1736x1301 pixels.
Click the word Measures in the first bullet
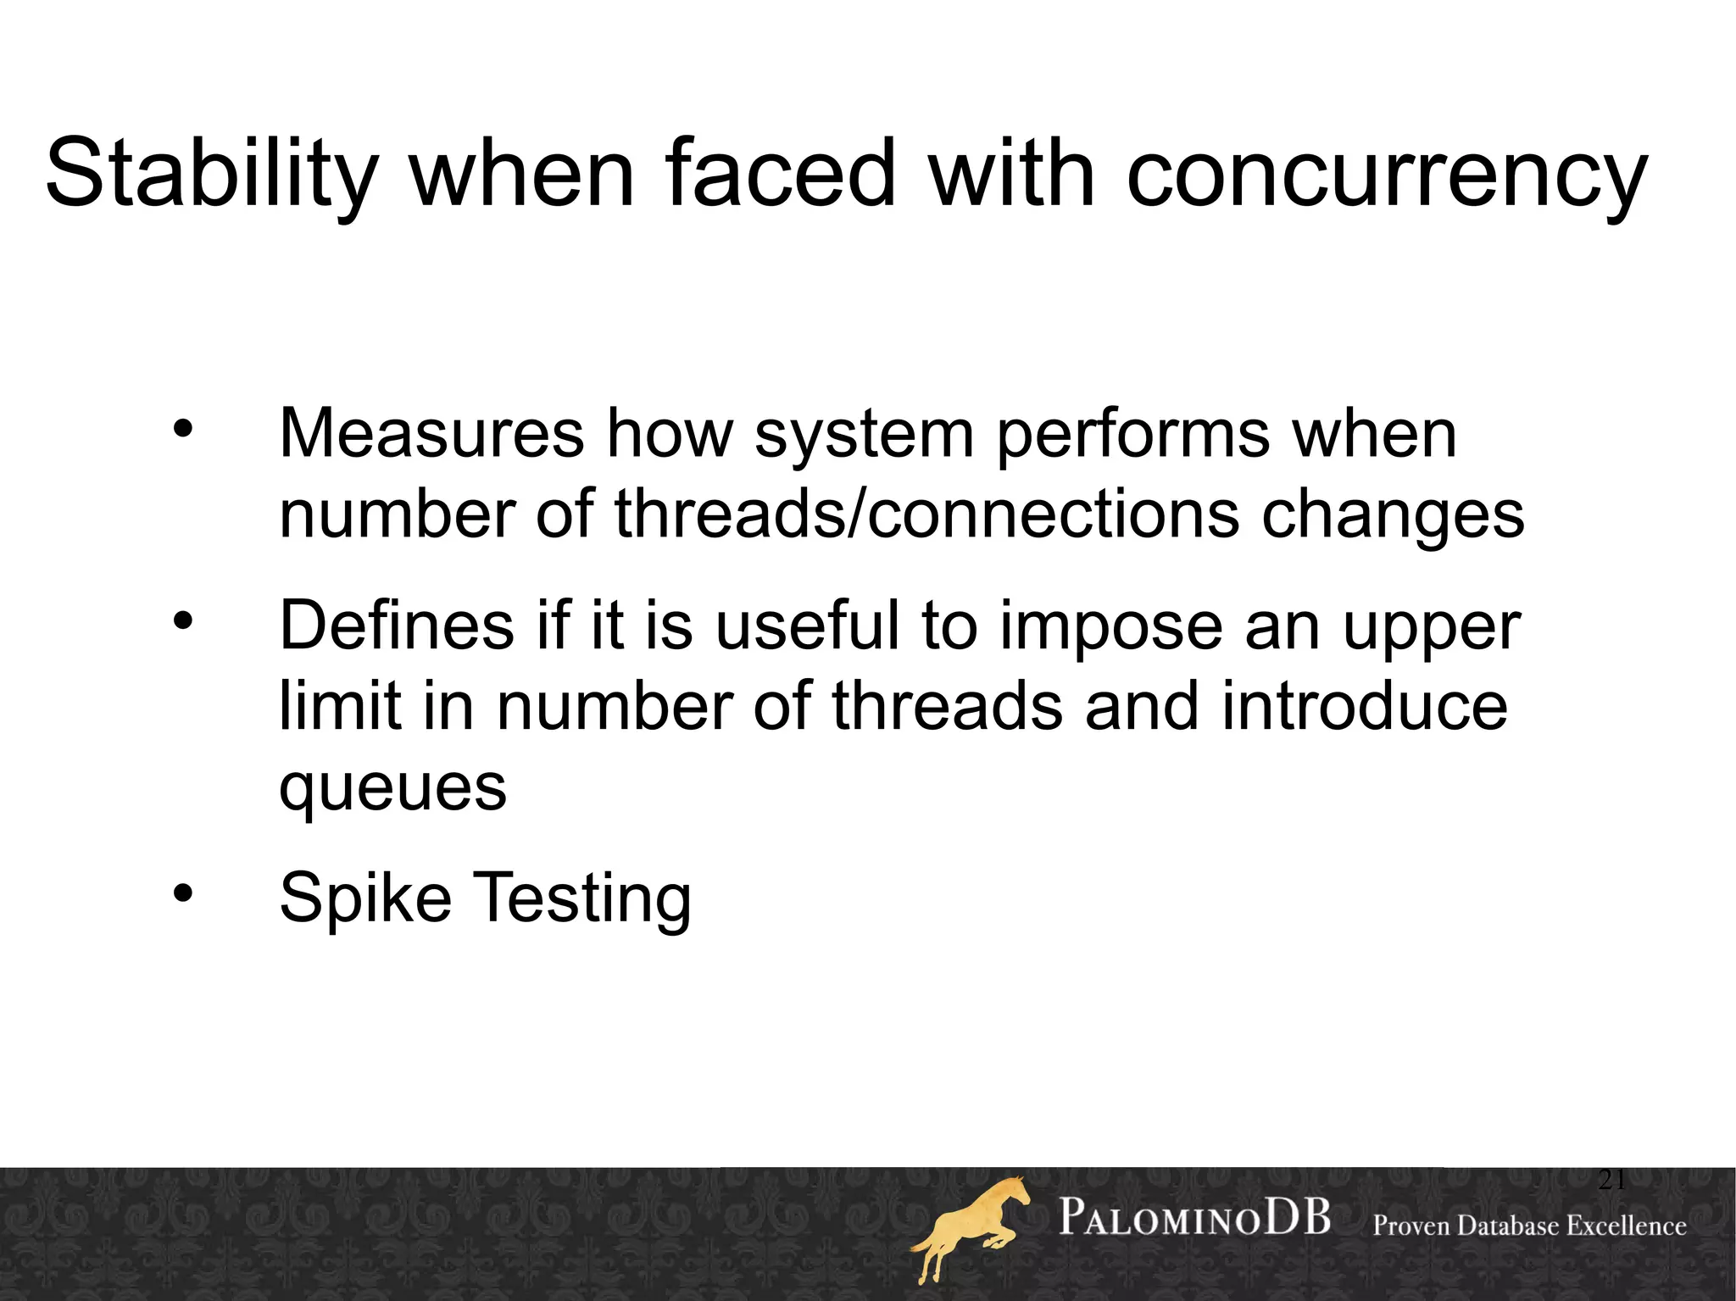point(431,433)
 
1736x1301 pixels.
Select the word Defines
point(397,625)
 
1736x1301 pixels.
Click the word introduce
point(1364,706)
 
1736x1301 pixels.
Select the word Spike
point(365,898)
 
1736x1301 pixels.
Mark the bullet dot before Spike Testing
point(183,892)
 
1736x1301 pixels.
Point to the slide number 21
point(1611,1180)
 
